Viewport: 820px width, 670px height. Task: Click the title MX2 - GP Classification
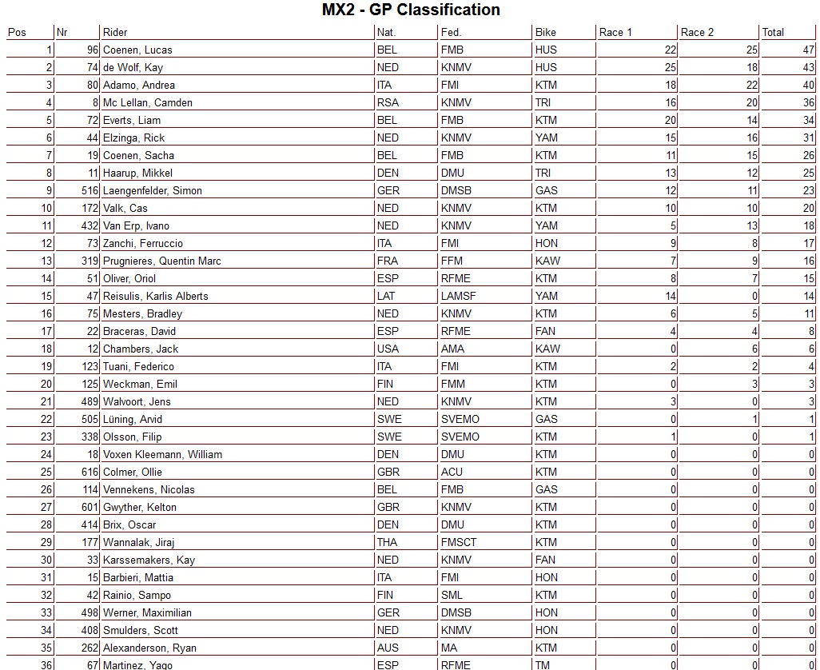410,10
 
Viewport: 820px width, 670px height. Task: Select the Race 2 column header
697,32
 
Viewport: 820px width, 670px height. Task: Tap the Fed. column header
451,32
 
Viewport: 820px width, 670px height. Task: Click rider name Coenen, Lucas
137,50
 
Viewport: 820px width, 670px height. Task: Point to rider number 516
90,190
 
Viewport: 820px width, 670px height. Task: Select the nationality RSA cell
388,102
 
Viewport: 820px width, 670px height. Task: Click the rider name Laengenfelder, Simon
152,190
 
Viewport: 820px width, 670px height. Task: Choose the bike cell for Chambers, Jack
547,349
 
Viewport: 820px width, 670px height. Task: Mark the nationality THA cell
388,542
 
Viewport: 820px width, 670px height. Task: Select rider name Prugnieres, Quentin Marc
161,261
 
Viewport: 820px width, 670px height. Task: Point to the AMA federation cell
452,349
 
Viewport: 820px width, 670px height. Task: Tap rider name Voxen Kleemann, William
162,454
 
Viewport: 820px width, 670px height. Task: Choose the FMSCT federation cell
459,542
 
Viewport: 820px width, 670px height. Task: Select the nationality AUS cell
388,648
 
